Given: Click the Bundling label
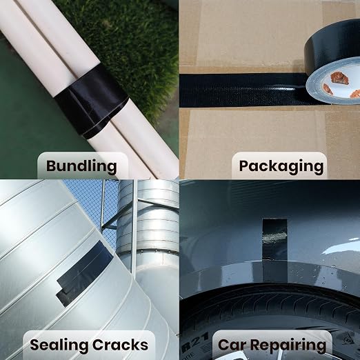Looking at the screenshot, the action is click(x=81, y=166).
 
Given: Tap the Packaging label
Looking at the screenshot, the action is click(x=281, y=166).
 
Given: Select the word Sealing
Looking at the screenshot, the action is click(x=59, y=345).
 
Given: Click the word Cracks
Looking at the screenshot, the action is click(x=121, y=345).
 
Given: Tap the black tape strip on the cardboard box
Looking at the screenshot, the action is click(x=243, y=90).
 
